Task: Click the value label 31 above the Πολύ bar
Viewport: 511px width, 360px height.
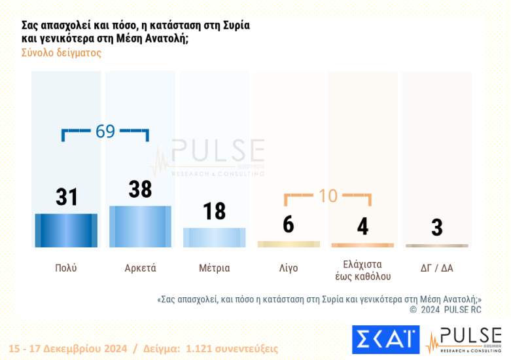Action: pyautogui.click(x=67, y=197)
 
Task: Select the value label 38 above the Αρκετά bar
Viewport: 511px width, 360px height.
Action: pyautogui.click(x=140, y=189)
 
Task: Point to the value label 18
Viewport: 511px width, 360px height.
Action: pyautogui.click(x=214, y=211)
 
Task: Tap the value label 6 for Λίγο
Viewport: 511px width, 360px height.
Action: pyautogui.click(x=289, y=225)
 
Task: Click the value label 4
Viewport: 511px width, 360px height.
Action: pyautogui.click(x=362, y=226)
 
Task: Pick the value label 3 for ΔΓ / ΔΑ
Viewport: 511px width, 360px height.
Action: pyautogui.click(x=436, y=228)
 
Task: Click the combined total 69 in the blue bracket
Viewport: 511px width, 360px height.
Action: pyautogui.click(x=105, y=132)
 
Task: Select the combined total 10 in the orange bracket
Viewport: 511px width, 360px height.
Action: pyautogui.click(x=328, y=196)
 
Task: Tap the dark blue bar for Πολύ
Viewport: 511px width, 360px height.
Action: pyautogui.click(x=66, y=230)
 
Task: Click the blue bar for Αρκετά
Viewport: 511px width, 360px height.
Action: pyautogui.click(x=140, y=226)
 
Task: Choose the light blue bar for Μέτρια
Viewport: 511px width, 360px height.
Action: pyautogui.click(x=214, y=238)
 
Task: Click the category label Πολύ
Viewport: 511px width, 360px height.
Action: pyautogui.click(x=66, y=268)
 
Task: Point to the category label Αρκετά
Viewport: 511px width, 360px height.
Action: pyautogui.click(x=140, y=268)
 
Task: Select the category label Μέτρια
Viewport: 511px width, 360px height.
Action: pyautogui.click(x=214, y=268)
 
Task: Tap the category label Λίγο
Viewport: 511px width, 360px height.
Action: pyautogui.click(x=288, y=268)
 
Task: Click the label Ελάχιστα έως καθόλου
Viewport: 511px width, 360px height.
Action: pyautogui.click(x=362, y=270)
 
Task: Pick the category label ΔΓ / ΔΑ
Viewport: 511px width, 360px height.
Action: pyautogui.click(x=436, y=268)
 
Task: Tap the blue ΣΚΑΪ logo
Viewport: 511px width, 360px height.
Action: pyautogui.click(x=385, y=340)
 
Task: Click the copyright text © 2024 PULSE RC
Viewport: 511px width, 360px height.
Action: pyautogui.click(x=445, y=310)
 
